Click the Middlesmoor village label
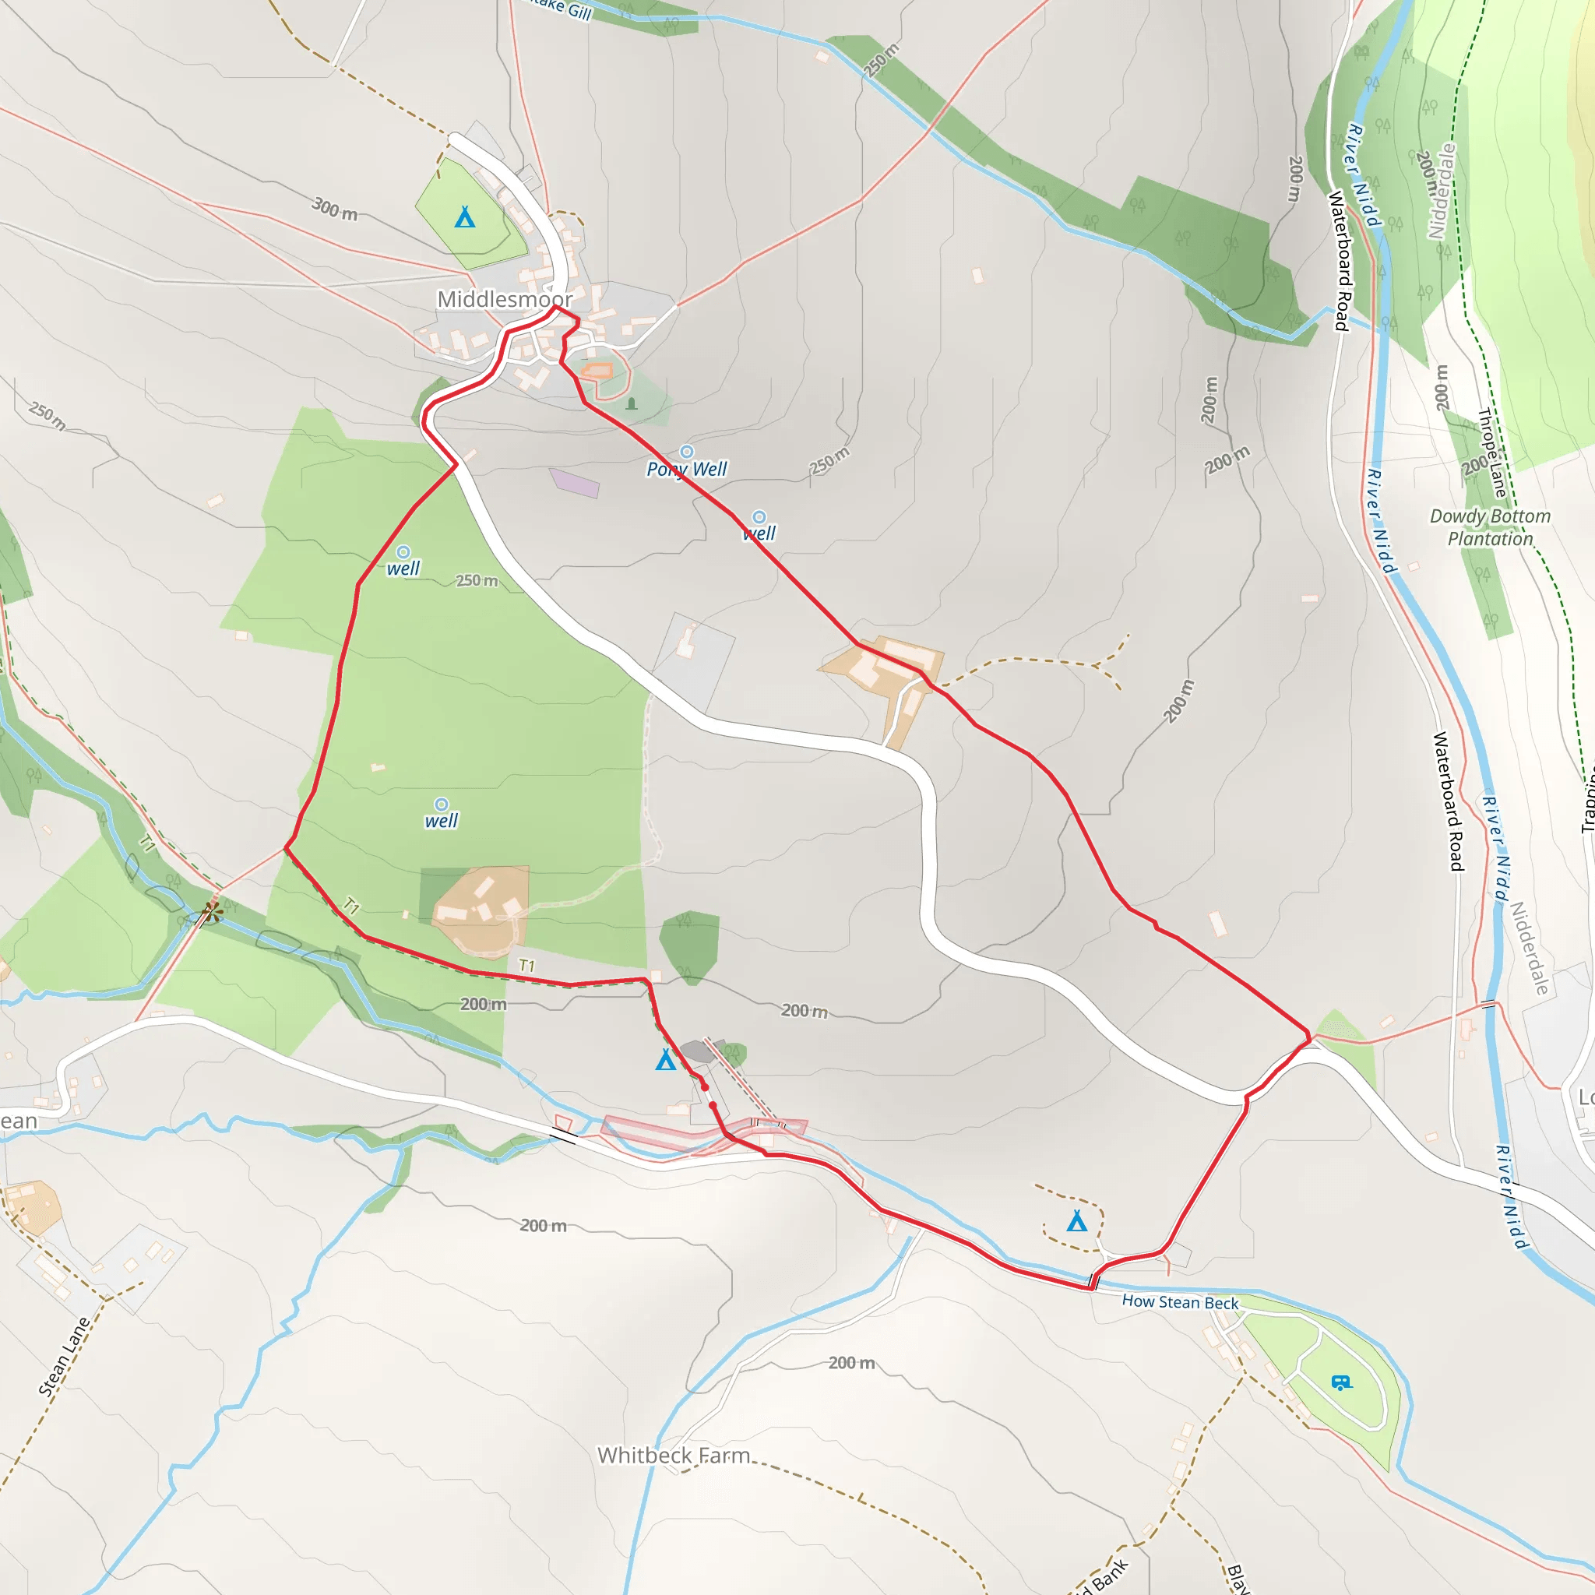[505, 299]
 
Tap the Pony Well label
[686, 469]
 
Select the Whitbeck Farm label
[674, 1455]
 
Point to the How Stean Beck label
[1180, 1302]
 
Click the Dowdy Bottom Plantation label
[1490, 526]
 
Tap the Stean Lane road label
[64, 1357]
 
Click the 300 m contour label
[334, 208]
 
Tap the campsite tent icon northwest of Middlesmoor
[465, 217]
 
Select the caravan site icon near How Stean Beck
[1342, 1382]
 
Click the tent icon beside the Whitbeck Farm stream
[1076, 1220]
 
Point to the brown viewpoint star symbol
[212, 912]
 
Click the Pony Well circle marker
[686, 452]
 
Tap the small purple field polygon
[575, 482]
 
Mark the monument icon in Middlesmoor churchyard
[632, 403]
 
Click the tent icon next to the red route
[665, 1060]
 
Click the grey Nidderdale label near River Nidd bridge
[1529, 947]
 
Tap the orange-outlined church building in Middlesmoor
[597, 371]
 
